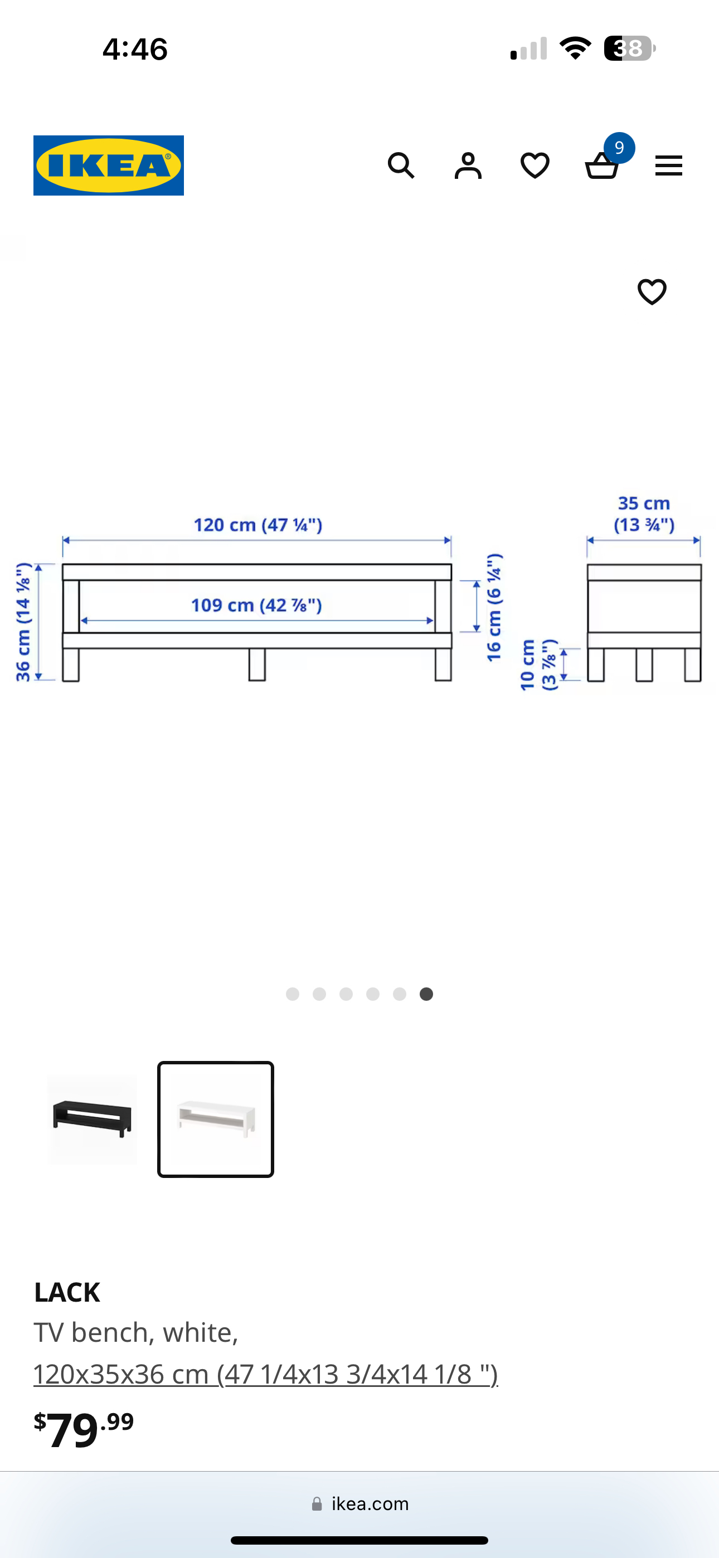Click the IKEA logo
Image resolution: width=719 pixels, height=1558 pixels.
tap(108, 165)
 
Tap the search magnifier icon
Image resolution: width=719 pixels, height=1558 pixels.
tap(401, 165)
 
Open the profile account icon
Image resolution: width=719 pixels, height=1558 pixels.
tap(468, 165)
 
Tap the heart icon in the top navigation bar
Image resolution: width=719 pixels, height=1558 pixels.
tap(535, 165)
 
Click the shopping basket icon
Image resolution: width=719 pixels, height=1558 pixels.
tap(601, 167)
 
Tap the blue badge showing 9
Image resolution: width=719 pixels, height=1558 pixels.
tap(619, 148)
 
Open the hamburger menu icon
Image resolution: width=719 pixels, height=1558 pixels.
tap(668, 165)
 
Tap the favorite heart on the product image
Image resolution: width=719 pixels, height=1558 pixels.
tap(652, 291)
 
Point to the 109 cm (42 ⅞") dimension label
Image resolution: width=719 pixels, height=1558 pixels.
tap(256, 605)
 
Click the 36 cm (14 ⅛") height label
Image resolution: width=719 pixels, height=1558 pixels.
tap(23, 622)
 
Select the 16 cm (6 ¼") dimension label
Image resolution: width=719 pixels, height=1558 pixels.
tap(494, 607)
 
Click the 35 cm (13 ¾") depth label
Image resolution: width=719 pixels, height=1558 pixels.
tap(644, 514)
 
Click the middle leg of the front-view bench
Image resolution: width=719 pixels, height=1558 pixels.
tap(257, 664)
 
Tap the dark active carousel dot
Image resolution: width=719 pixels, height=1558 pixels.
tap(426, 994)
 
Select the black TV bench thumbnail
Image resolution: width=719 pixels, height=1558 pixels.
tap(92, 1119)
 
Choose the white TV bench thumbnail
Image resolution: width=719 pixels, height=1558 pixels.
tap(216, 1119)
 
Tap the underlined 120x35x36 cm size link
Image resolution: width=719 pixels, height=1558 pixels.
tap(265, 1374)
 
